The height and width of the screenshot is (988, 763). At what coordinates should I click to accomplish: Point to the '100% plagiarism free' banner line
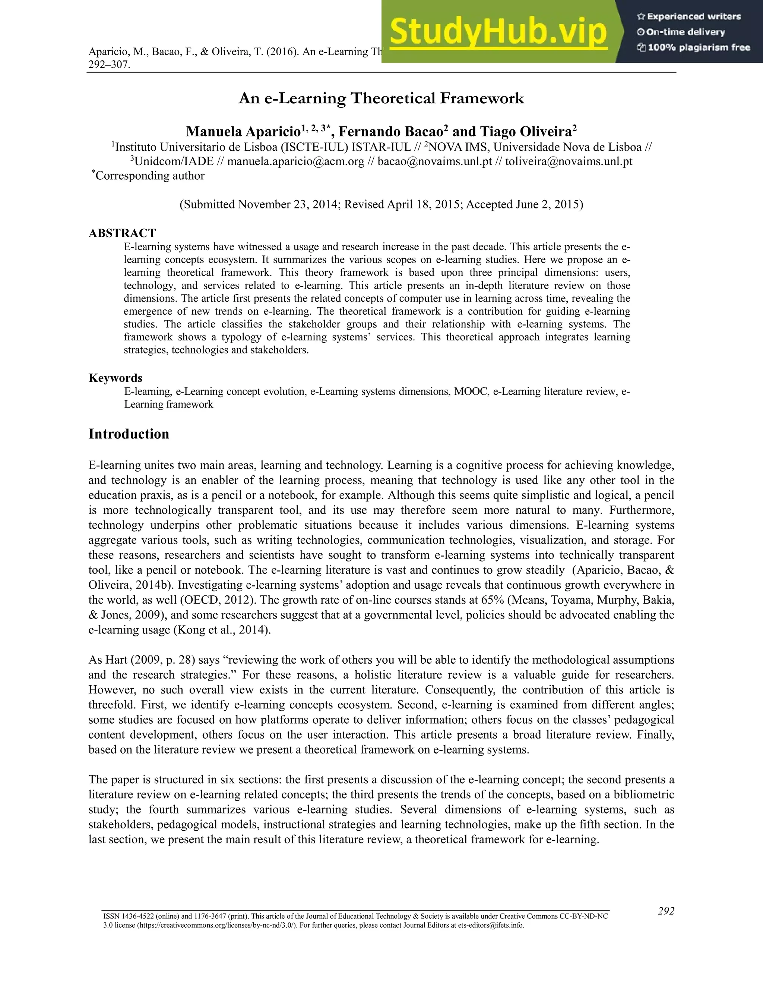(693, 47)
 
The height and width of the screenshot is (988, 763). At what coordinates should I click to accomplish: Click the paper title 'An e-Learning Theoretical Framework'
(381, 98)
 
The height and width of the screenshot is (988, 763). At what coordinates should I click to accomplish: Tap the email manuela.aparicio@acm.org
(295, 161)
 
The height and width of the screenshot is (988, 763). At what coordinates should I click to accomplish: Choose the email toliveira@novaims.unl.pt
(569, 161)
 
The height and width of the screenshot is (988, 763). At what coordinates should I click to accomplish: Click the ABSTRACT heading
(122, 233)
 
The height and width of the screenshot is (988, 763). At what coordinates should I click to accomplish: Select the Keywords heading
(115, 378)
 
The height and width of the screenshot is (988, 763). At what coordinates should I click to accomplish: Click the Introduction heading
(129, 434)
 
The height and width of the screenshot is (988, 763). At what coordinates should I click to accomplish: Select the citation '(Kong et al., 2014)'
(222, 630)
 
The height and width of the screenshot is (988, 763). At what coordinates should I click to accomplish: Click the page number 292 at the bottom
(666, 911)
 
